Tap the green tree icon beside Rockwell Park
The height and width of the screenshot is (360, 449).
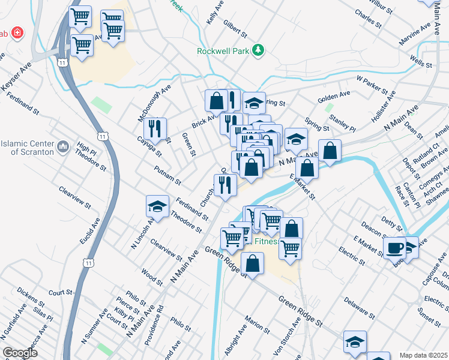(259, 50)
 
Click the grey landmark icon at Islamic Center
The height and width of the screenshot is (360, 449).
(63, 146)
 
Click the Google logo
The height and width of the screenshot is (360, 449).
(20, 353)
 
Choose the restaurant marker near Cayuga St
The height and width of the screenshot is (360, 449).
(155, 128)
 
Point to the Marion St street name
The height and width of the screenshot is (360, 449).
(257, 325)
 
